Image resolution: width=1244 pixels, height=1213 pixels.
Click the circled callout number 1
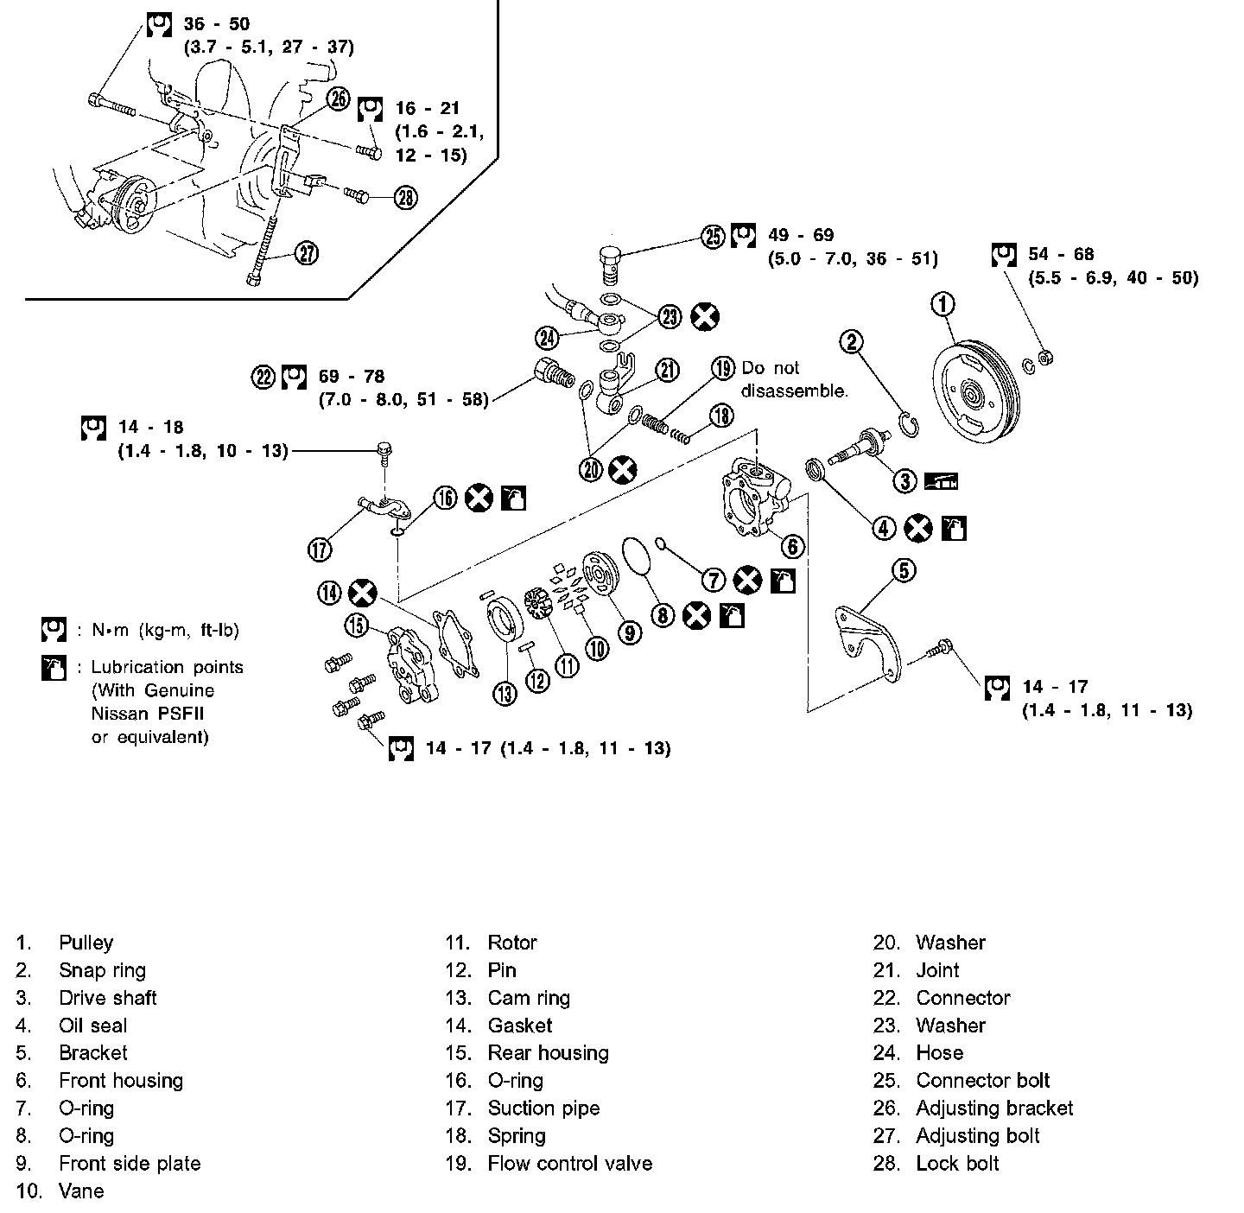point(943,304)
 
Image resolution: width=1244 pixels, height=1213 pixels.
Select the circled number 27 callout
point(307,253)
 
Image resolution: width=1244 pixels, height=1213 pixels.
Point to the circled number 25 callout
point(712,236)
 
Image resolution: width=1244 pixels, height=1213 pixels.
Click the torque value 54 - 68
point(1061,254)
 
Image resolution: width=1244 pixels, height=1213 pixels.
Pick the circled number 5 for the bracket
point(904,571)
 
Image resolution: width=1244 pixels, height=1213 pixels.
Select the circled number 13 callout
point(505,692)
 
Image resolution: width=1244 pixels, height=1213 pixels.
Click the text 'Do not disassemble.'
point(794,379)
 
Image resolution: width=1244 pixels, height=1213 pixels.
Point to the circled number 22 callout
point(263,377)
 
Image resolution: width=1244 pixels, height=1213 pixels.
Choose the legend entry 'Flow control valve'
point(569,1163)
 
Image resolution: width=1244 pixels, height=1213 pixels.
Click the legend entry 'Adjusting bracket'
point(994,1108)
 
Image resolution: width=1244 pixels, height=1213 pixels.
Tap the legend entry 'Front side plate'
point(130,1163)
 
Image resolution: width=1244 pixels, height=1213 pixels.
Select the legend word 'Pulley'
point(86,943)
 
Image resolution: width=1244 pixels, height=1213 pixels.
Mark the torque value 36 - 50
point(217,23)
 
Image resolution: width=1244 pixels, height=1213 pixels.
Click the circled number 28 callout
point(405,198)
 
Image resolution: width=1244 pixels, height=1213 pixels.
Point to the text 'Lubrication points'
point(167,667)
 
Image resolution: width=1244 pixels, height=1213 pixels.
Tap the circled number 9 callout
point(630,632)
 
